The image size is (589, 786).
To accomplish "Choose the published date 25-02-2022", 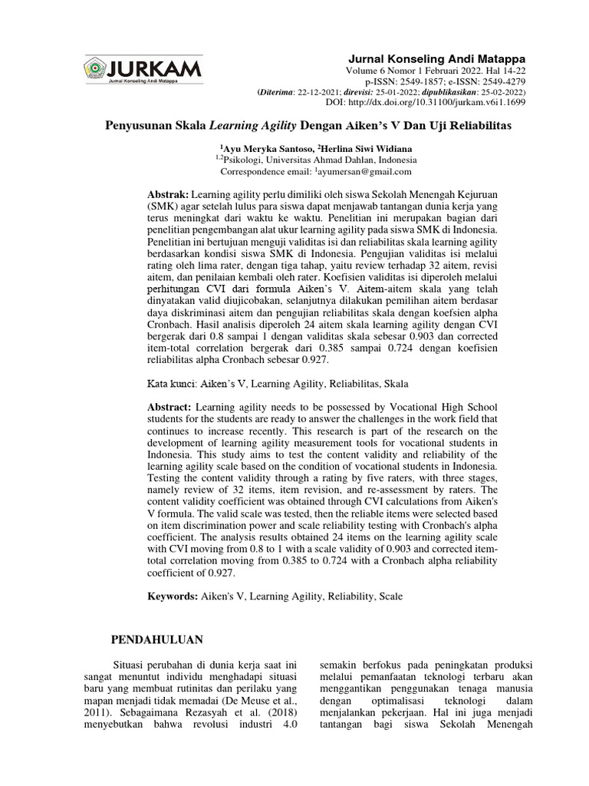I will point(480,91).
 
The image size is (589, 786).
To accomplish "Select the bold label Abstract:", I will point(169,407).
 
